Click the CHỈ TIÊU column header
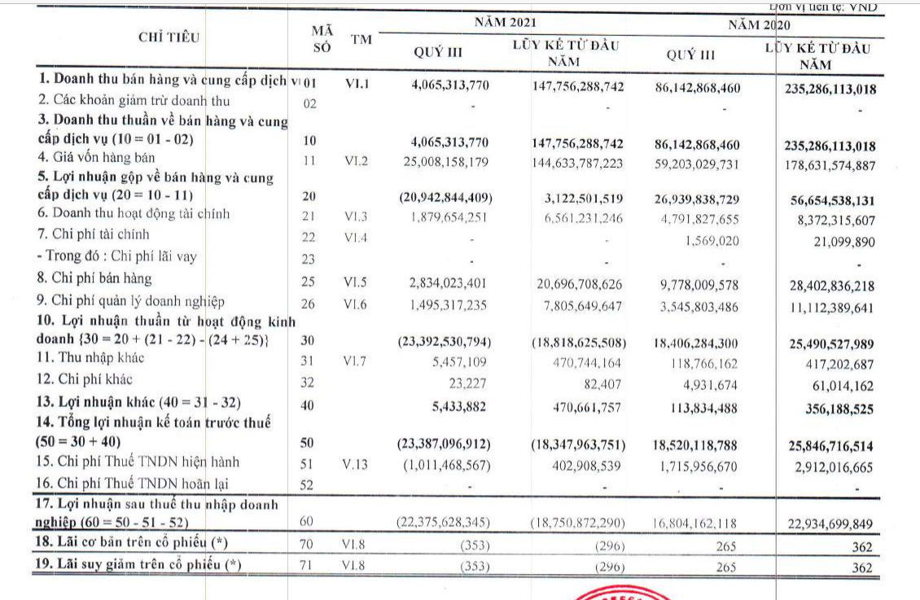(169, 37)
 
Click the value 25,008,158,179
(445, 162)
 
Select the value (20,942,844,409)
(445, 198)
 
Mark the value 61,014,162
(837, 385)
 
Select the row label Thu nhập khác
(101, 357)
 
